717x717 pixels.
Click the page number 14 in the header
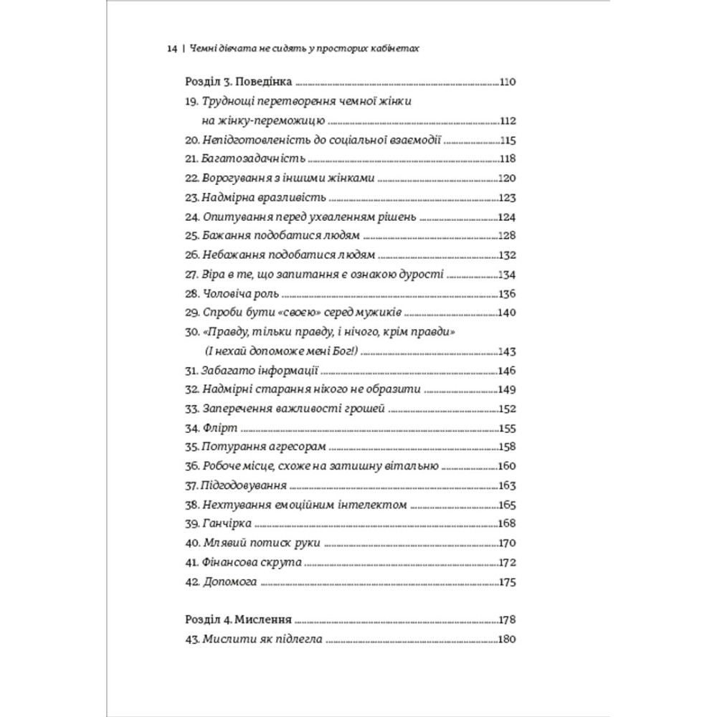pos(171,50)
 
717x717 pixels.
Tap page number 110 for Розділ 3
pos(508,82)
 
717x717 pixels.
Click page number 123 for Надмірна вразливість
pos(508,197)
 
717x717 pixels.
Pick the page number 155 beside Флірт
pos(508,429)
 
